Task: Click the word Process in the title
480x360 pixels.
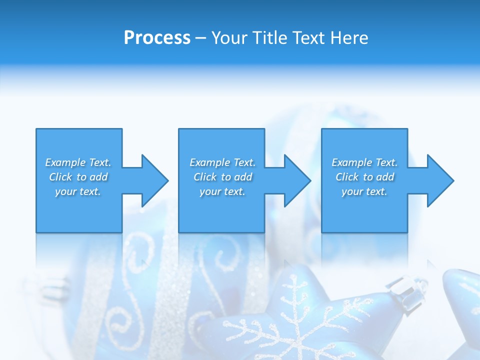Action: (x=157, y=38)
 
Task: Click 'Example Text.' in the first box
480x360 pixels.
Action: (x=78, y=162)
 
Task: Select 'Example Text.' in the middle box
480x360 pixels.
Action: (x=222, y=162)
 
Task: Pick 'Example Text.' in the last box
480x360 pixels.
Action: (x=364, y=162)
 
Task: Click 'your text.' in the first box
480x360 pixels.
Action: (x=78, y=191)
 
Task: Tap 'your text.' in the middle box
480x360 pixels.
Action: (x=222, y=191)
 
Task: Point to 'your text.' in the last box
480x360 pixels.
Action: (x=364, y=191)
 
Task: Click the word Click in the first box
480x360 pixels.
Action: (x=60, y=177)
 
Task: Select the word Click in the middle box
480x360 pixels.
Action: (x=205, y=177)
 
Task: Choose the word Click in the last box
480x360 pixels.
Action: (x=347, y=177)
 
